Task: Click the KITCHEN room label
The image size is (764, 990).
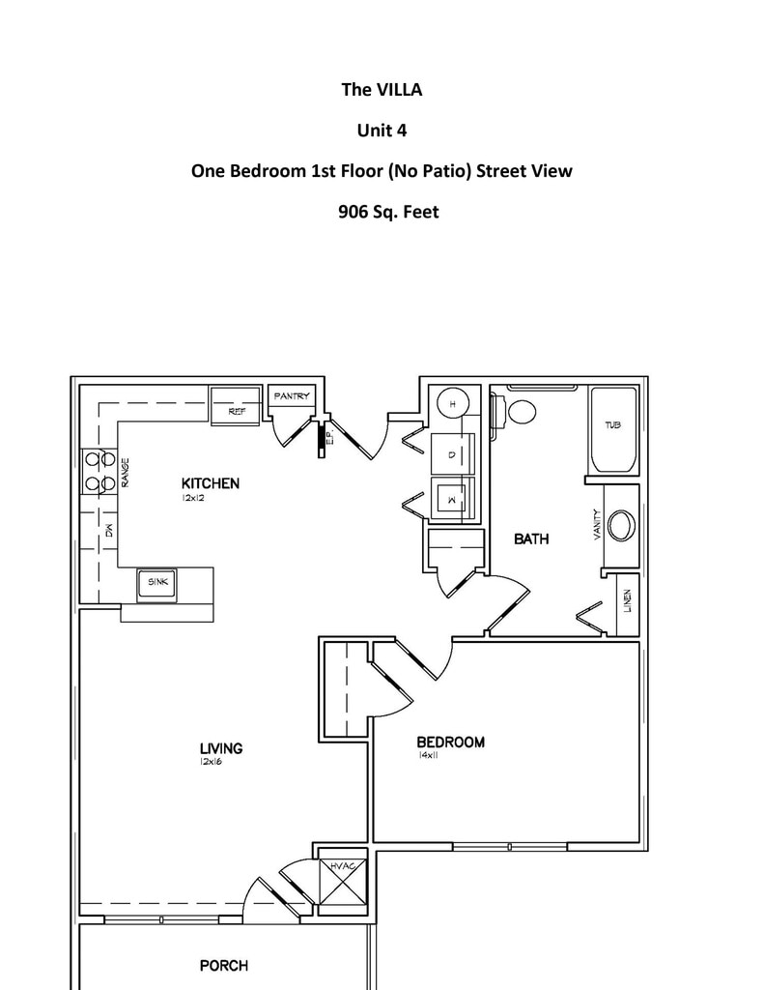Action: pyautogui.click(x=210, y=483)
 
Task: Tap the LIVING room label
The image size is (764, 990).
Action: pyautogui.click(x=221, y=747)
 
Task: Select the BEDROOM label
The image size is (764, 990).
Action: pyautogui.click(x=450, y=742)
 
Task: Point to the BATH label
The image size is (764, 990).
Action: pyautogui.click(x=531, y=539)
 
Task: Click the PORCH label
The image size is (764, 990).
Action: pyautogui.click(x=223, y=965)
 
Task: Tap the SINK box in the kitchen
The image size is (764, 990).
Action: pyautogui.click(x=157, y=582)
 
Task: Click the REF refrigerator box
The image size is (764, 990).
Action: pyautogui.click(x=236, y=410)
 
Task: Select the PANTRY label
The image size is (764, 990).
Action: pyautogui.click(x=292, y=396)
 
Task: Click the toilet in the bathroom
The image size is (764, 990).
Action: pyautogui.click(x=521, y=411)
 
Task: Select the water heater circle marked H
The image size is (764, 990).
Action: pyautogui.click(x=451, y=404)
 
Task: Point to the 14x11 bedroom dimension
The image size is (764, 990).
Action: pyautogui.click(x=429, y=756)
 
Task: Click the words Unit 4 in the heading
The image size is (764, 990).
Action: pyautogui.click(x=382, y=131)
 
